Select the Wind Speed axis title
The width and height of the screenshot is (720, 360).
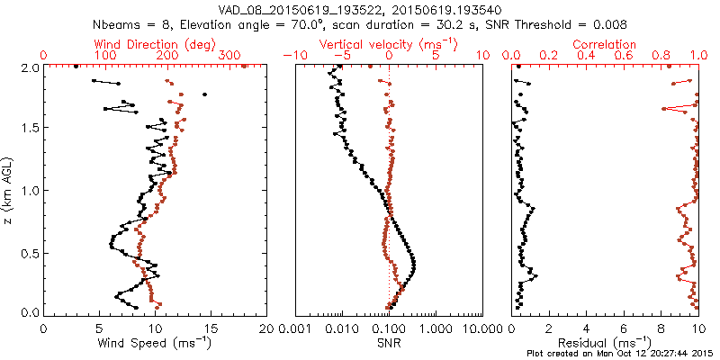(155, 342)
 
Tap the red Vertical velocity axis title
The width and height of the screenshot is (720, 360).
(389, 44)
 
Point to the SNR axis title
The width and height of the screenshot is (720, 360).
(389, 342)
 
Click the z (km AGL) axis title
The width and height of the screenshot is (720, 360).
(8, 190)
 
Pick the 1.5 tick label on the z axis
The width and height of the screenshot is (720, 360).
(29, 129)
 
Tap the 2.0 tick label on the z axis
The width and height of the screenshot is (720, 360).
(29, 67)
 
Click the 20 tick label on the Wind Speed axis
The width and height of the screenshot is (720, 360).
(265, 328)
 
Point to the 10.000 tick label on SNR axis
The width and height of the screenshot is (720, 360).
(483, 328)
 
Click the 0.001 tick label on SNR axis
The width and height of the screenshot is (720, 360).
(296, 328)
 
